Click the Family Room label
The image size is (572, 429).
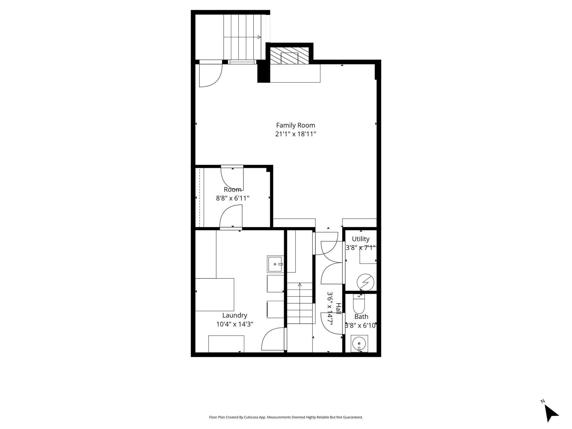tap(295, 125)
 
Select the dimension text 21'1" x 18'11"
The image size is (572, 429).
tap(295, 134)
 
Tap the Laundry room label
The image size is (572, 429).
tap(235, 316)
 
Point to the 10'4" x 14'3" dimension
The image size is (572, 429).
tap(235, 324)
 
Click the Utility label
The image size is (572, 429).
tap(361, 239)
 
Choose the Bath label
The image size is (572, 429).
tap(361, 317)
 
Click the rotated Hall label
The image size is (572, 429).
tap(339, 309)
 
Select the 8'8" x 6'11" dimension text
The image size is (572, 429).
tap(233, 198)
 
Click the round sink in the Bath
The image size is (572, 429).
tap(359, 344)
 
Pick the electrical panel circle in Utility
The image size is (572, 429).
tap(366, 283)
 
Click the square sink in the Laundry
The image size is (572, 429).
tap(275, 264)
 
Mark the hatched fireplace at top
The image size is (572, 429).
tap(289, 56)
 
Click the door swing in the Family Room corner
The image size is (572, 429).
tap(211, 75)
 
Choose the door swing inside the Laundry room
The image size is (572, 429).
tap(273, 339)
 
